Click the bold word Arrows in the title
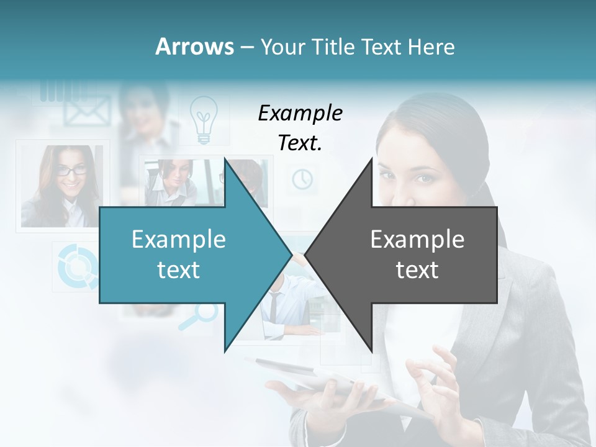click(x=195, y=47)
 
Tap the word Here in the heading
click(x=431, y=47)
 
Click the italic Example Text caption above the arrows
click(x=300, y=128)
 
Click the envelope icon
click(x=87, y=112)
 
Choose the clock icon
click(x=302, y=179)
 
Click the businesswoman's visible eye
click(x=423, y=179)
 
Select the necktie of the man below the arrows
click(x=274, y=307)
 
